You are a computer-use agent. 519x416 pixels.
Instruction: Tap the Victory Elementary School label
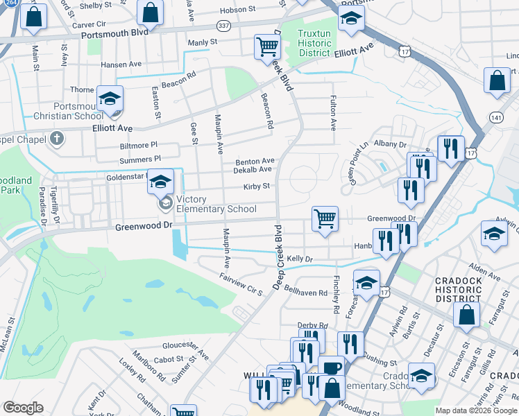click(x=216, y=204)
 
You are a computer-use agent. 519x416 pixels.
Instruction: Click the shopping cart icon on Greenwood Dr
click(x=325, y=218)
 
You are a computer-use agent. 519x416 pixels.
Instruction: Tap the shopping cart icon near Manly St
click(x=266, y=46)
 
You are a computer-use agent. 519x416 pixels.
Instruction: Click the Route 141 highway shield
click(x=495, y=116)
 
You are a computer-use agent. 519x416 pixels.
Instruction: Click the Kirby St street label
click(x=256, y=187)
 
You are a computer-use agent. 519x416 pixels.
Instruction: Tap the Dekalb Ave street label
click(x=252, y=169)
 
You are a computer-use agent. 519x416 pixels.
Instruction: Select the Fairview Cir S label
click(x=240, y=283)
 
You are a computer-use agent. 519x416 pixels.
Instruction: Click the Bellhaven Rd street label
click(x=305, y=293)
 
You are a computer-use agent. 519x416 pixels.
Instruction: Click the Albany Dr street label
click(x=389, y=144)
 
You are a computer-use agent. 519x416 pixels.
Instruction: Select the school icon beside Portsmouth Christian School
click(x=110, y=99)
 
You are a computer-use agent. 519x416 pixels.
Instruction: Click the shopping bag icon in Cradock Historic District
click(x=466, y=314)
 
